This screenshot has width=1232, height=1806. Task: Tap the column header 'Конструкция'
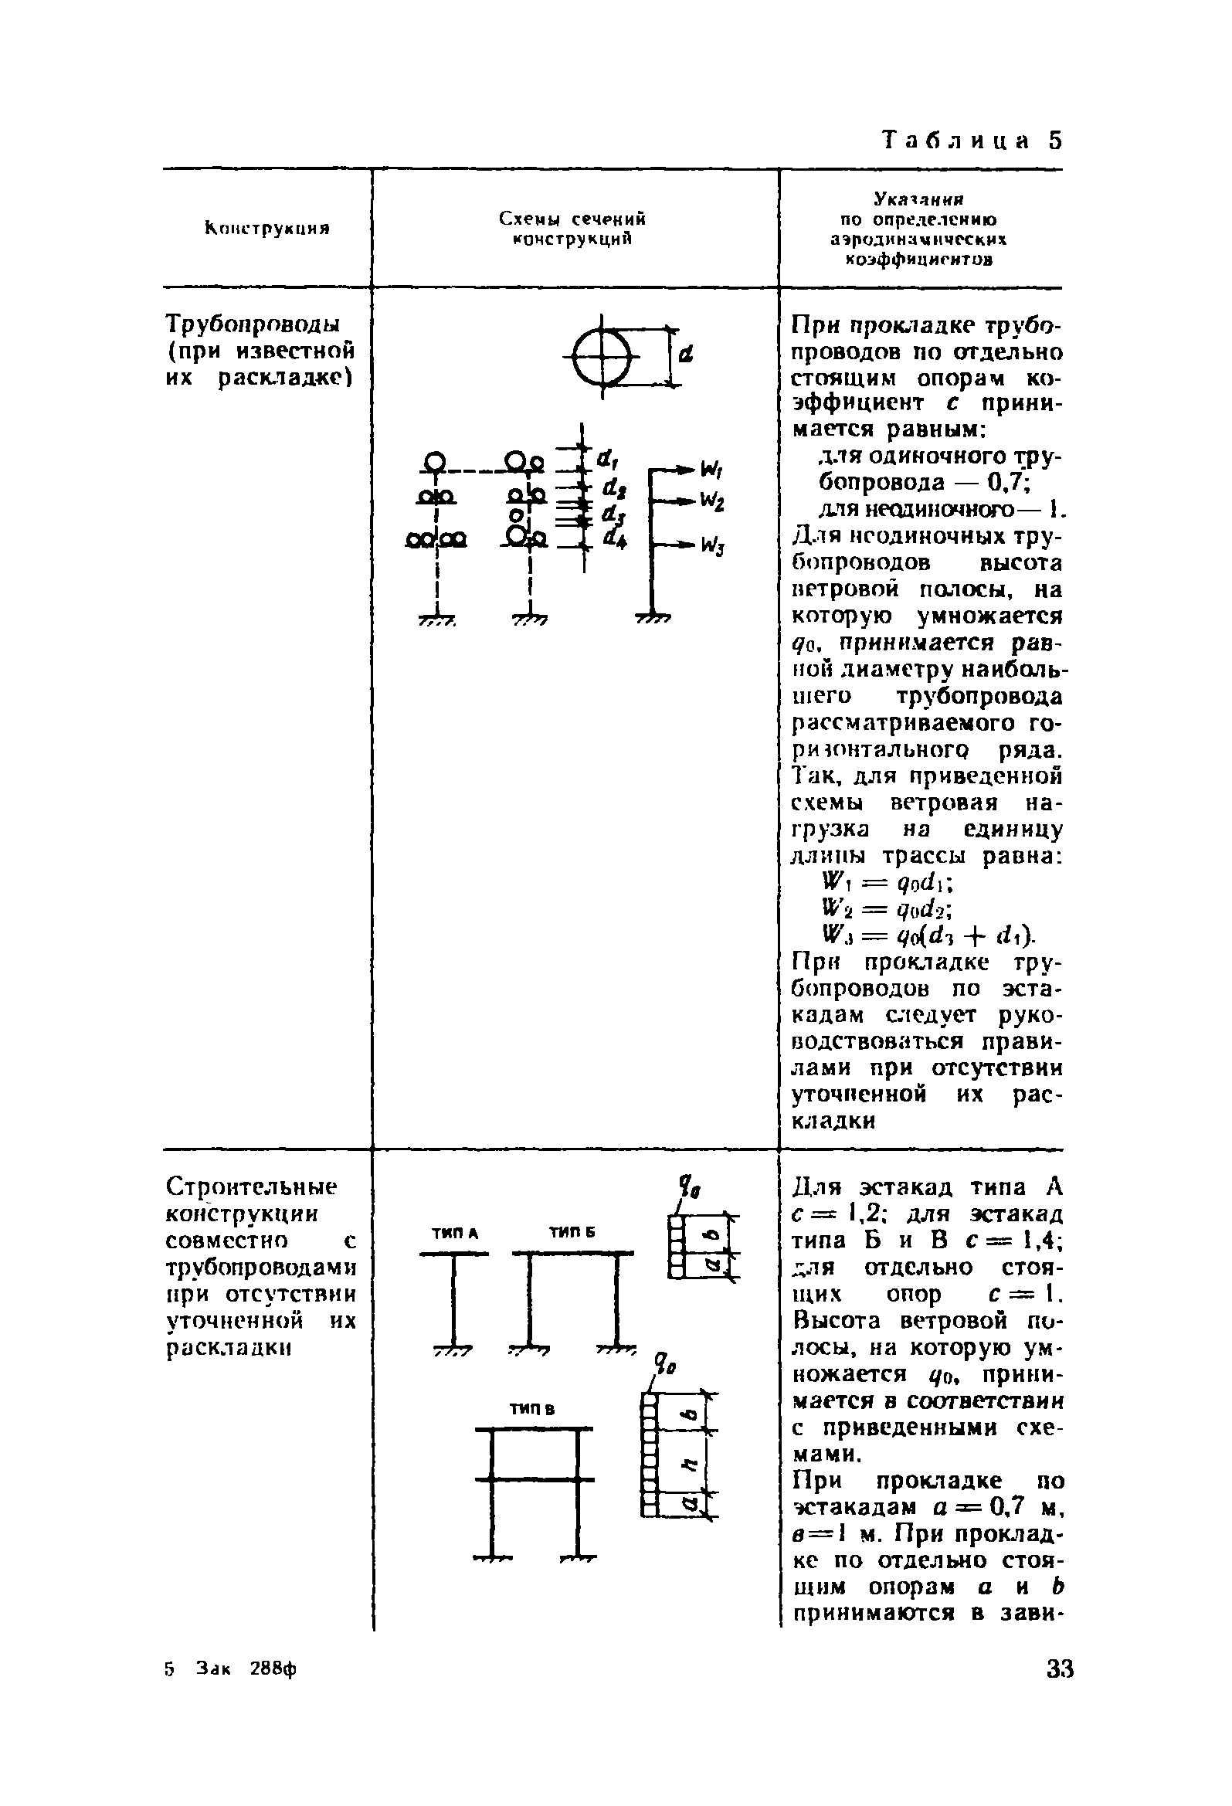[x=267, y=229]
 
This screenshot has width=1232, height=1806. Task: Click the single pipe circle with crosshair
[x=602, y=357]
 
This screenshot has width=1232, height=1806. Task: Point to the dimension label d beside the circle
[x=686, y=356]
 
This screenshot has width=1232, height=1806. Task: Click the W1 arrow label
[x=711, y=470]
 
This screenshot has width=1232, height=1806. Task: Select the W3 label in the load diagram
[x=712, y=546]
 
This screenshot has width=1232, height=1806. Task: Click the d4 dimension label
[x=613, y=538]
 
